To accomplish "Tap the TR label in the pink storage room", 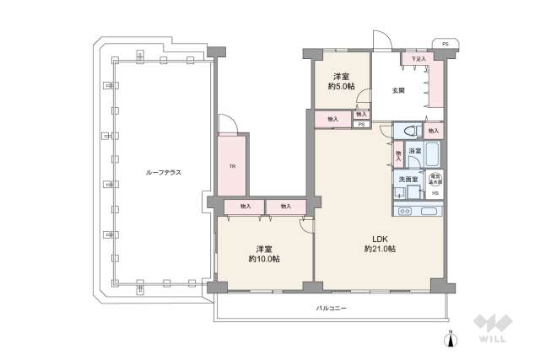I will (x=232, y=166).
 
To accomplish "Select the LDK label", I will (x=380, y=237).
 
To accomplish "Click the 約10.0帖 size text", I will (x=264, y=259).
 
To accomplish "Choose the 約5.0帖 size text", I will (x=342, y=86).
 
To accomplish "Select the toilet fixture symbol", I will (x=410, y=132).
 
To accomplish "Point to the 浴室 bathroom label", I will (x=414, y=151).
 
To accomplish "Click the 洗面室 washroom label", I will (x=408, y=179).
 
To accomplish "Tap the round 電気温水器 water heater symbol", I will (x=435, y=179).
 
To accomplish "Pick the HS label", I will (x=435, y=194).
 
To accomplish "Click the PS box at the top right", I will (x=444, y=43).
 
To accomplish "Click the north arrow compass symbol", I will (x=451, y=338).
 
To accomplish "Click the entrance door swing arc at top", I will (x=381, y=39).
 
